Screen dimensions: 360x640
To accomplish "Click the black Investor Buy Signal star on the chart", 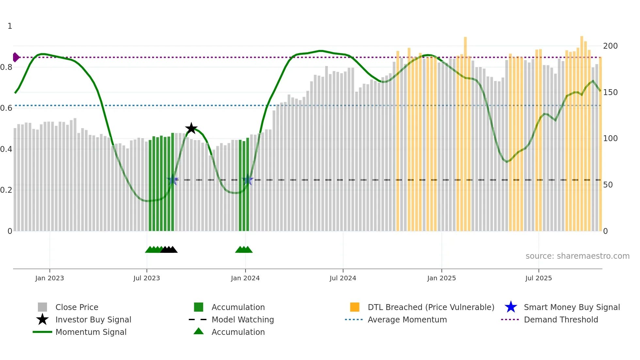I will (x=191, y=128).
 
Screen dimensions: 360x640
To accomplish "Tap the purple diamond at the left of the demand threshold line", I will (x=16, y=57).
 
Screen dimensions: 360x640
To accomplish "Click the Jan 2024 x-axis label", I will (x=245, y=278).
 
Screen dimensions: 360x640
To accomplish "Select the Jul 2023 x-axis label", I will (x=147, y=278).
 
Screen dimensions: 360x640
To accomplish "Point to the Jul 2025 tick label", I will (x=538, y=278).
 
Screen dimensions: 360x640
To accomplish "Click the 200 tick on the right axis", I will (x=610, y=46).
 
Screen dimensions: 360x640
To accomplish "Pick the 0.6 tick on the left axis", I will (x=6, y=108).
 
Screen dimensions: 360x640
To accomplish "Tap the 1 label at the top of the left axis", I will (x=10, y=26).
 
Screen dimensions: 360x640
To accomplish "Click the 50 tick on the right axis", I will (x=608, y=185).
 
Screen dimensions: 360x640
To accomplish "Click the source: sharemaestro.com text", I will (x=577, y=256).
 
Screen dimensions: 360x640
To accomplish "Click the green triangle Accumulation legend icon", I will (x=199, y=331).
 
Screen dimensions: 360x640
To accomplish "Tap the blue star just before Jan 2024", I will (x=248, y=180).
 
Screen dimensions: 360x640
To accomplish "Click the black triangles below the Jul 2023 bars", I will (x=169, y=250).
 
